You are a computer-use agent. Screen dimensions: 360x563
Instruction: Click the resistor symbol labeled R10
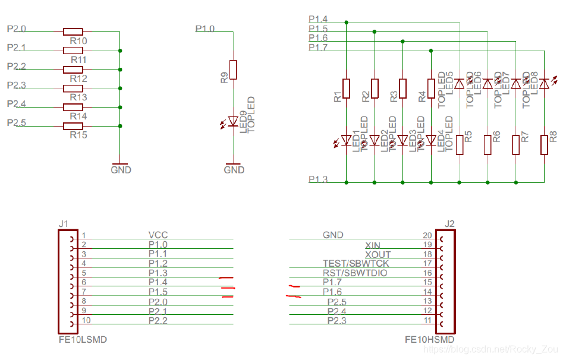[x=73, y=31]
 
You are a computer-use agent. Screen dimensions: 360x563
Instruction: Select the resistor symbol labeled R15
[x=73, y=126]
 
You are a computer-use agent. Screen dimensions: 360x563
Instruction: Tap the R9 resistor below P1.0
[x=234, y=70]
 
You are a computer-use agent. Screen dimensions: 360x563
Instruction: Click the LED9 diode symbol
[x=233, y=122]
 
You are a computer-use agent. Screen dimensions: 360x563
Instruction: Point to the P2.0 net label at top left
[x=16, y=29]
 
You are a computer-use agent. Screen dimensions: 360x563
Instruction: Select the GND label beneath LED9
[x=234, y=170]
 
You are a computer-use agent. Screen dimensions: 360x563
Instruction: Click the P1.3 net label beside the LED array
[x=318, y=179]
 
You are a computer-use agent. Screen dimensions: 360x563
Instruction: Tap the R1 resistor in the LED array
[x=346, y=88]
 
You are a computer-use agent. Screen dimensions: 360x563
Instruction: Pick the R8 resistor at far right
[x=544, y=145]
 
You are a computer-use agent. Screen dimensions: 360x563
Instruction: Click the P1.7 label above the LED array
[x=318, y=48]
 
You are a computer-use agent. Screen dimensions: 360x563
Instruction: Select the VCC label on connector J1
[x=158, y=235]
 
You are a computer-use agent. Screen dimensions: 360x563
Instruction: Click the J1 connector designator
[x=64, y=224]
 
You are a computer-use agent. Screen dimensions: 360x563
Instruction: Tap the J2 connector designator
[x=449, y=224]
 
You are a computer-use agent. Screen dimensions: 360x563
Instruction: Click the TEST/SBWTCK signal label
[x=356, y=263]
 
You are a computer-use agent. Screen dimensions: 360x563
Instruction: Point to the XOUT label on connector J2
[x=378, y=254]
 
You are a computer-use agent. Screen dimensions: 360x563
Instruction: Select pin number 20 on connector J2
[x=426, y=235]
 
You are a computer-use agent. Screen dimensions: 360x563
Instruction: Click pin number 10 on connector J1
[x=86, y=321]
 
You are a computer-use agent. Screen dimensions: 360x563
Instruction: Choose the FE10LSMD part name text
[x=82, y=340]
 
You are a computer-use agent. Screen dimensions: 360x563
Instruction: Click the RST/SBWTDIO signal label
[x=355, y=273]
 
